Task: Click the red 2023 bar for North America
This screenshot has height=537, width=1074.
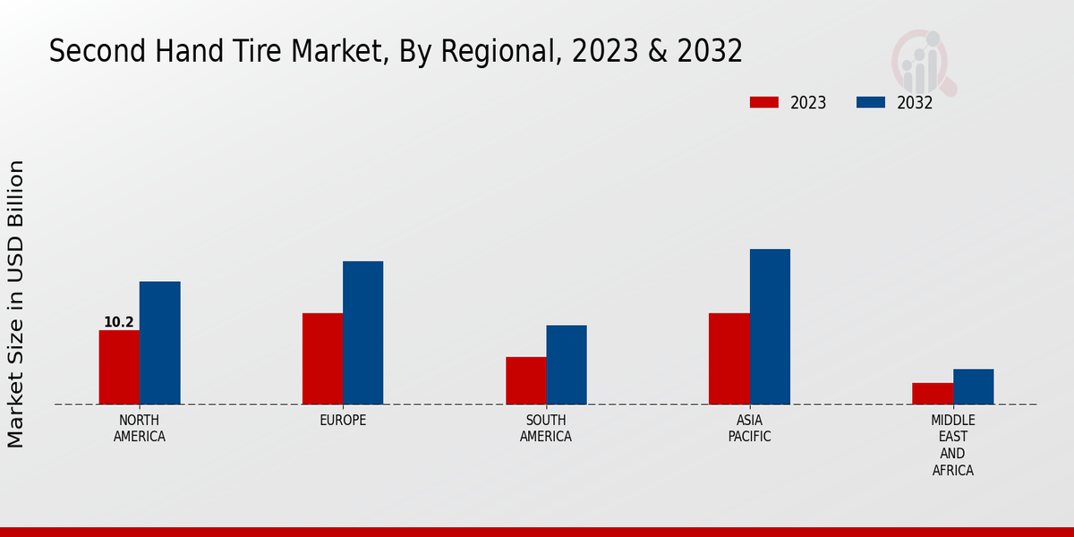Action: tap(119, 367)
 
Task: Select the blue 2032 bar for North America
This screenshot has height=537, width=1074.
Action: tap(159, 343)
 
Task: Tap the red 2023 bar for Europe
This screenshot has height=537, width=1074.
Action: tap(322, 358)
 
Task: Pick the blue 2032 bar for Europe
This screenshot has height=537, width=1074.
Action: tap(362, 332)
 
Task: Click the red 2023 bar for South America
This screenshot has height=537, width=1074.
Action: tap(525, 380)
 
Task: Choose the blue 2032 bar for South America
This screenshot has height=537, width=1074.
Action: tap(567, 364)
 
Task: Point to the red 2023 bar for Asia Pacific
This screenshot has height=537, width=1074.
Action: tap(729, 358)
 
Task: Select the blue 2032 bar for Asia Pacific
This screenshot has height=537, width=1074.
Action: tap(770, 326)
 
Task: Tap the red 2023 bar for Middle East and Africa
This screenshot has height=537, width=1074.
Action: tap(933, 393)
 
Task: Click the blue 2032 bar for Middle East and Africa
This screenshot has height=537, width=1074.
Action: tap(973, 386)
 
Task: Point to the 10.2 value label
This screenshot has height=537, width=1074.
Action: tap(119, 322)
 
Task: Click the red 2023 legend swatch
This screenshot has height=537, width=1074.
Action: tap(763, 102)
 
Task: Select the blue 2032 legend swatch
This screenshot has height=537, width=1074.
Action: tap(870, 102)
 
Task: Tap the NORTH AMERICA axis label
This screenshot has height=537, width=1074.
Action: tap(140, 428)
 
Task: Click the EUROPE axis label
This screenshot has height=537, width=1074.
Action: tap(343, 420)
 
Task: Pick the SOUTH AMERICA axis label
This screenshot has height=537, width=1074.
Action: tap(546, 428)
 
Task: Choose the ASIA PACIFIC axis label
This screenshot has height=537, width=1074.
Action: tap(749, 428)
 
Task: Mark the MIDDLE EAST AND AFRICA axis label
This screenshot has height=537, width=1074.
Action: tap(953, 445)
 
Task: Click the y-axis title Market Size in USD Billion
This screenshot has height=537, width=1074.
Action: tap(16, 304)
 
